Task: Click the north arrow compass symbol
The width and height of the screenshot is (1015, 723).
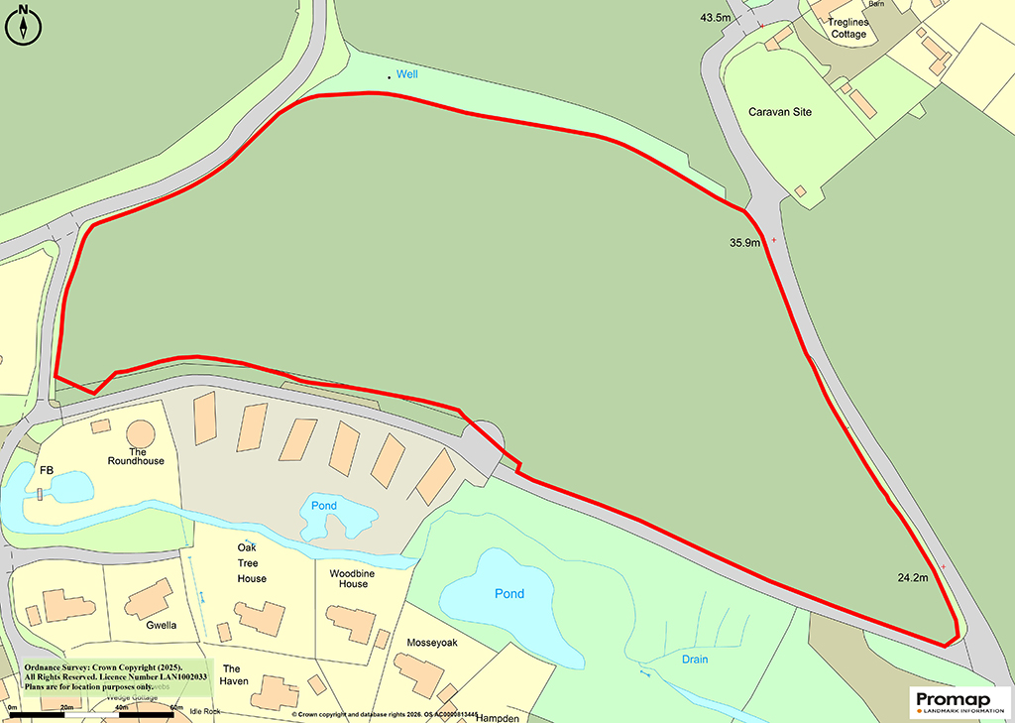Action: (23, 25)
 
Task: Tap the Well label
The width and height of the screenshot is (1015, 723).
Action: (407, 75)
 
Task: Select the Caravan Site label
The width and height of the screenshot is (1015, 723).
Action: (780, 112)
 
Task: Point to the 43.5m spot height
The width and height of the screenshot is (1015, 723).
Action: (715, 18)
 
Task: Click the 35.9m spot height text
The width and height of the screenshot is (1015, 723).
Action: (743, 242)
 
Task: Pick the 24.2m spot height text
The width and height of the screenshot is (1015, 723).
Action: (912, 576)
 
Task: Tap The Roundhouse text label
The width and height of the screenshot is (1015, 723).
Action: (136, 456)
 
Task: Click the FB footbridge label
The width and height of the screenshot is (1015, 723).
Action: (46, 470)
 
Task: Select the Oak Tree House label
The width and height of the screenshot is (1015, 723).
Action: (252, 563)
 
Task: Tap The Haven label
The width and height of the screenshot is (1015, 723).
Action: (235, 674)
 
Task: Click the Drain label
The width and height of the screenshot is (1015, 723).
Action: (695, 659)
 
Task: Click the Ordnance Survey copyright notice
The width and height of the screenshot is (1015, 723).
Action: (109, 677)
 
